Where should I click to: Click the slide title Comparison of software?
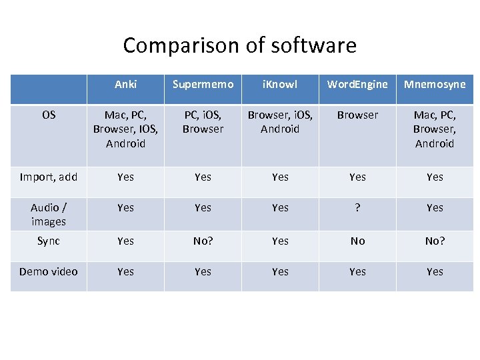tap(239, 45)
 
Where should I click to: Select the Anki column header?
tap(125, 85)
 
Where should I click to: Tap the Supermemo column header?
tap(203, 85)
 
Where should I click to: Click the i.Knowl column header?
tap(280, 85)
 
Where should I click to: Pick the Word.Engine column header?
tap(357, 85)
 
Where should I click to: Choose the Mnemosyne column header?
tap(435, 85)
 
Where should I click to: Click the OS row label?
tap(49, 115)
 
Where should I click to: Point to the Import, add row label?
tap(49, 177)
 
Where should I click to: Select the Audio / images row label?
tap(49, 214)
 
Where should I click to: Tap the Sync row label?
tap(49, 241)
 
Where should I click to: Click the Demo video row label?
tap(49, 271)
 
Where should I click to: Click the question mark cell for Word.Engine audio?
tap(357, 208)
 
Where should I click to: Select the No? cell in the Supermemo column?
tap(203, 241)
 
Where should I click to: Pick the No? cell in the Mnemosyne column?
tap(435, 241)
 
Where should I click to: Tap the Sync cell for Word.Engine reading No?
tap(357, 241)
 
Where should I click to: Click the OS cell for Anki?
tap(125, 129)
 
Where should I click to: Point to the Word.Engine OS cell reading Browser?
tap(357, 115)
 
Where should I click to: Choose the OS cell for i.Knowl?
tap(280, 122)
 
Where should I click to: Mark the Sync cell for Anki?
tap(125, 241)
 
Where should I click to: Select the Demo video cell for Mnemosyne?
tap(435, 272)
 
